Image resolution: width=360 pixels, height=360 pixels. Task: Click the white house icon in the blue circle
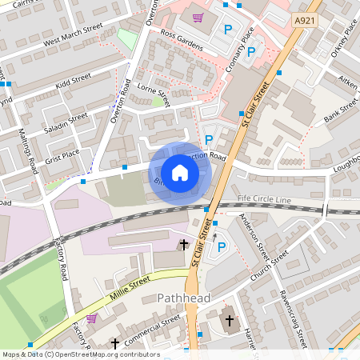pos(180,172)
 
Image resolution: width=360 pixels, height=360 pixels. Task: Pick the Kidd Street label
pos(70,82)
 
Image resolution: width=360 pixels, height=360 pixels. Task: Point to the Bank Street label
pos(340,114)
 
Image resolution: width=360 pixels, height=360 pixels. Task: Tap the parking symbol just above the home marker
pos(209,139)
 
